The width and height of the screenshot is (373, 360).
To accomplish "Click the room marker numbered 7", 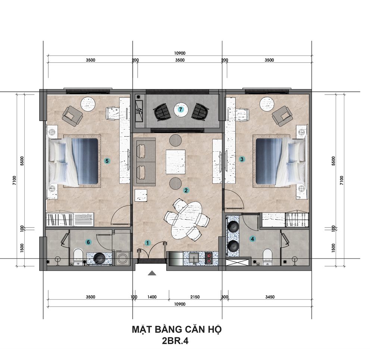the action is [181, 109].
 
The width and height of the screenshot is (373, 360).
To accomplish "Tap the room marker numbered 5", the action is [107, 161].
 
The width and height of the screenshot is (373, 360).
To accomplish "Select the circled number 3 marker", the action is [242, 159].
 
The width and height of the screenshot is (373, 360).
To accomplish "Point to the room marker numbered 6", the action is [88, 242].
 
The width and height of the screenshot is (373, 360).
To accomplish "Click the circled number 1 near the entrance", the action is [147, 243].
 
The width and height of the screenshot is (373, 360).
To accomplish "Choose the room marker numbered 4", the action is [253, 239].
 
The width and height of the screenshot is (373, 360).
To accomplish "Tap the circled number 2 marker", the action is [186, 190].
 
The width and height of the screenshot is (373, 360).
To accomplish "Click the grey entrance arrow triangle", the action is [152, 273].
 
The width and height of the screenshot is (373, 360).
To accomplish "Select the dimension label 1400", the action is [152, 297].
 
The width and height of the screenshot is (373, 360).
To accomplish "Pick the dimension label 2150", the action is [195, 297].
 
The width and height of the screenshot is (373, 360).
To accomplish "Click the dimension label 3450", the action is [270, 297].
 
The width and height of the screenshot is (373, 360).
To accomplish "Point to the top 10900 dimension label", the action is [180, 53].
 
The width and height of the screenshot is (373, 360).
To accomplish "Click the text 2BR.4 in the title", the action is [175, 341].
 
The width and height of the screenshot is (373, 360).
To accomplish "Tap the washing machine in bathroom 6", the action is [122, 258].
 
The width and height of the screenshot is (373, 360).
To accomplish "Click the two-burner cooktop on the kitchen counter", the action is [209, 259].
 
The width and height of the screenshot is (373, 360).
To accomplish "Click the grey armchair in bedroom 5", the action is [73, 116].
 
